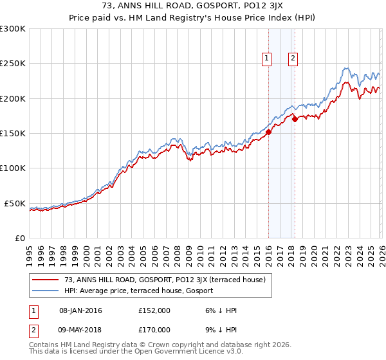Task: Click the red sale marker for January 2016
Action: (x=268, y=132)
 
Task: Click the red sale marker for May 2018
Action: (x=294, y=119)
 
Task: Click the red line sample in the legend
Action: (x=46, y=280)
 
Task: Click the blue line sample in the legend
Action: (x=46, y=291)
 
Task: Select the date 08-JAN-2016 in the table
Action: (x=80, y=310)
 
